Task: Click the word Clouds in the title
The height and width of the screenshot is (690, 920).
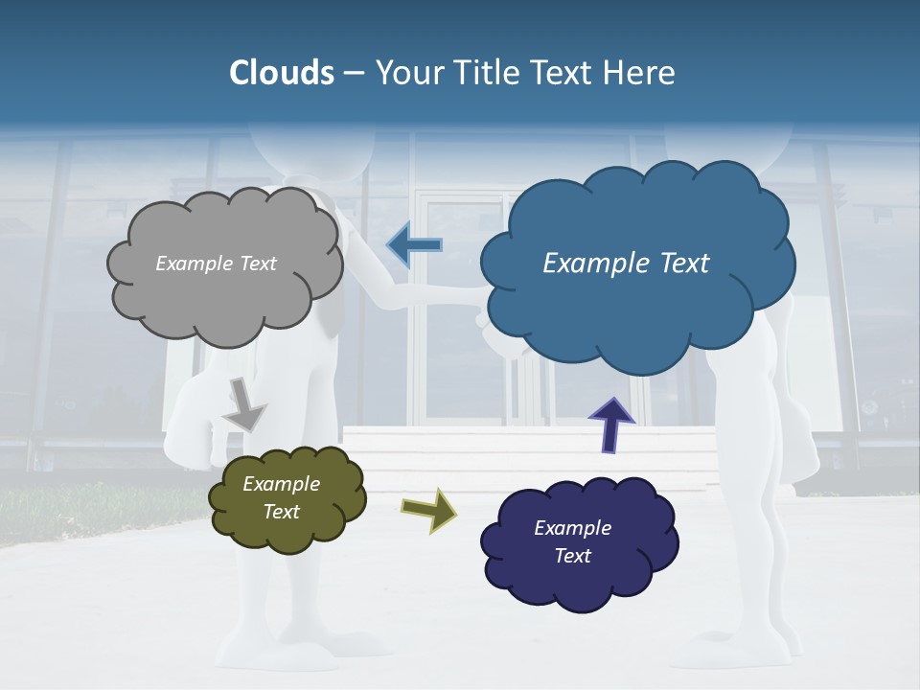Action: coord(282,73)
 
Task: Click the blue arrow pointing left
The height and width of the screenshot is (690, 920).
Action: coord(414,246)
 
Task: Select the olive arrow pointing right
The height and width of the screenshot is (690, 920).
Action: coord(428,509)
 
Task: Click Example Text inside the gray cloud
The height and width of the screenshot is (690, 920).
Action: coord(216,264)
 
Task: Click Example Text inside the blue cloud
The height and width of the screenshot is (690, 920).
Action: coord(626,264)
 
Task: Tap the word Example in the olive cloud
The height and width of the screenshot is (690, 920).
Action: coord(281,484)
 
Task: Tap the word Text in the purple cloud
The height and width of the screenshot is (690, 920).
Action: coord(572,556)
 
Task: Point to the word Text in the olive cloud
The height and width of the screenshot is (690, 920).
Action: coord(281,512)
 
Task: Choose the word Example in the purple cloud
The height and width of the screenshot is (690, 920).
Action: coord(572,528)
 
